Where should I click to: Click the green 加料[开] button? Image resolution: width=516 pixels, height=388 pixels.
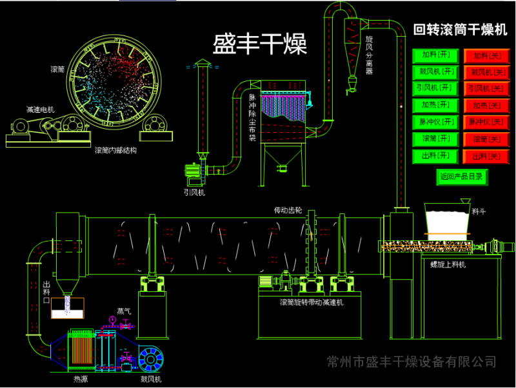pos(435,55)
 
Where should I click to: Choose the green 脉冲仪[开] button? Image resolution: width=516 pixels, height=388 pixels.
pos(435,122)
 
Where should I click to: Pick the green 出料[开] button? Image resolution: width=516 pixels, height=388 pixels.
pos(435,156)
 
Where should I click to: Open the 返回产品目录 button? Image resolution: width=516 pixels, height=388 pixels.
pos(462,177)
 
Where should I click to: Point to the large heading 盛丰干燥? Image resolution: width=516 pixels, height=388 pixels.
pos(260,44)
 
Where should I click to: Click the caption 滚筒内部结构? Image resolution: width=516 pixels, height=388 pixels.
pos(115,151)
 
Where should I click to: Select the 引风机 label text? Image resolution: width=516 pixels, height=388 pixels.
pos(193,192)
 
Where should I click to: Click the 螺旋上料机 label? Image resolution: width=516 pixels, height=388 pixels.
pos(449,264)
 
